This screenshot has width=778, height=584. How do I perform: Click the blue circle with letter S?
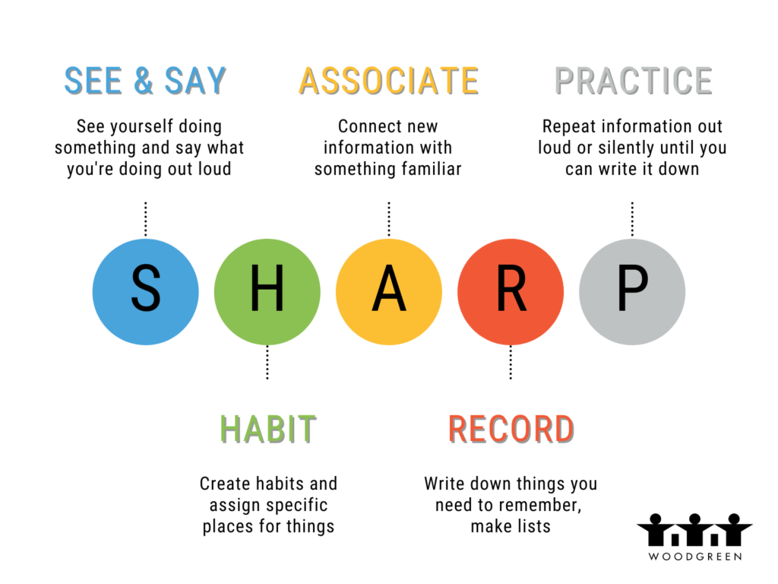coord(145,292)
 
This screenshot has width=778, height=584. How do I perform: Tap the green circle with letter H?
coord(267,292)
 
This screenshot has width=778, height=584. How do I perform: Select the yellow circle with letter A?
coord(389,292)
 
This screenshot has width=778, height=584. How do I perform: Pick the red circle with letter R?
coord(511,292)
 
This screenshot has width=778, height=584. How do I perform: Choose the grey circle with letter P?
coord(632,292)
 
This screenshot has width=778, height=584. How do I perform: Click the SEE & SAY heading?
coord(145,81)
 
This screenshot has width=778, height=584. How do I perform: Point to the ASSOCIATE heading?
coord(389,81)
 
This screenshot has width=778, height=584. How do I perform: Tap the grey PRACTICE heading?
coord(634,81)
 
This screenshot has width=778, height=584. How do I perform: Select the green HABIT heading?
coord(268,429)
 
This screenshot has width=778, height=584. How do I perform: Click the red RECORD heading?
coord(511,429)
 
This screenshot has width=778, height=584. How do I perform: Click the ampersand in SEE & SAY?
coord(144,81)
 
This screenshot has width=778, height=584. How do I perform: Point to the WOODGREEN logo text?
coord(695,557)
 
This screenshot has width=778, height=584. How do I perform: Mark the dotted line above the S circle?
coord(145,219)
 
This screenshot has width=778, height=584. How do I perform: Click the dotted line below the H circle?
coord(267,363)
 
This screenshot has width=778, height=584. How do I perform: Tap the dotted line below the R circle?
coord(511,363)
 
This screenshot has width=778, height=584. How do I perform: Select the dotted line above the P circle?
coord(632,219)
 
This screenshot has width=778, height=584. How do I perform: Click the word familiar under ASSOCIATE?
coord(432,169)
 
